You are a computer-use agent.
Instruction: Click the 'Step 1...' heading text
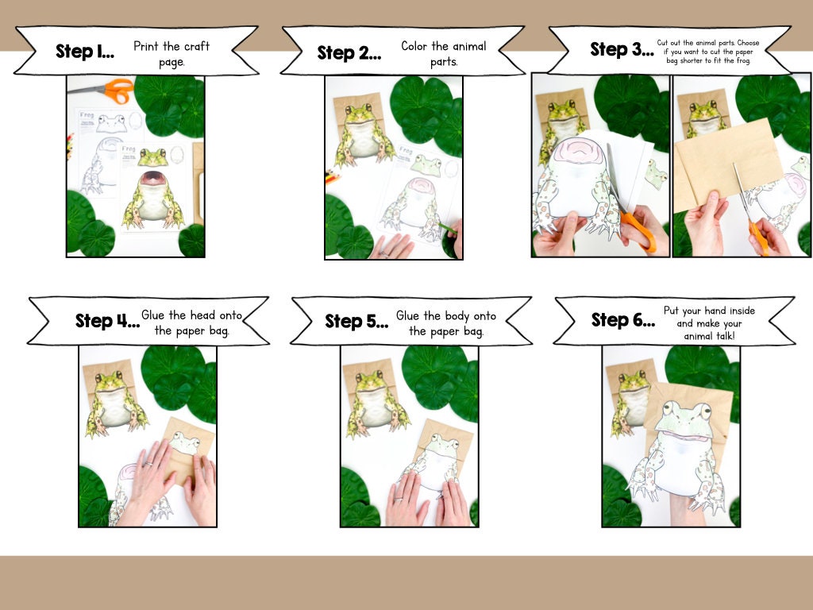(85, 52)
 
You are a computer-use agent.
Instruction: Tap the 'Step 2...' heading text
(349, 53)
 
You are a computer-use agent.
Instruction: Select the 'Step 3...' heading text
(620, 49)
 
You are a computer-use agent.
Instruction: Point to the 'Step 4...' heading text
(106, 321)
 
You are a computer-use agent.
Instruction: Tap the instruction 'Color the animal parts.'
(444, 53)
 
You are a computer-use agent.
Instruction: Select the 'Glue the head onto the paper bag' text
(191, 322)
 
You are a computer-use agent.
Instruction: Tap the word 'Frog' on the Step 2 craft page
(406, 150)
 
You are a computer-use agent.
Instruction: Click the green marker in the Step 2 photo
(448, 230)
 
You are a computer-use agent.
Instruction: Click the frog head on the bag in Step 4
(185, 442)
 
